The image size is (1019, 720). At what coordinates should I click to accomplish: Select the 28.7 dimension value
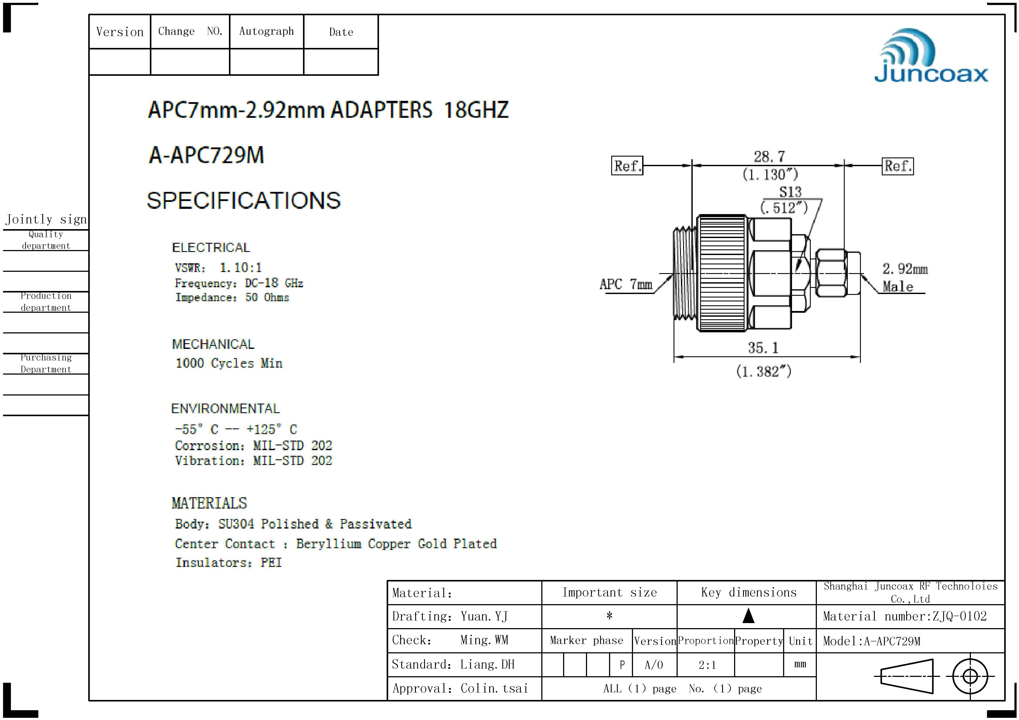click(769, 157)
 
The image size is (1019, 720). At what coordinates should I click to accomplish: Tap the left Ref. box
click(627, 166)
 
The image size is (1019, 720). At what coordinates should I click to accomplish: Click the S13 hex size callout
click(790, 192)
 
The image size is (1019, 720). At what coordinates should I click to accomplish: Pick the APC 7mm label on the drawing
click(626, 284)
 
